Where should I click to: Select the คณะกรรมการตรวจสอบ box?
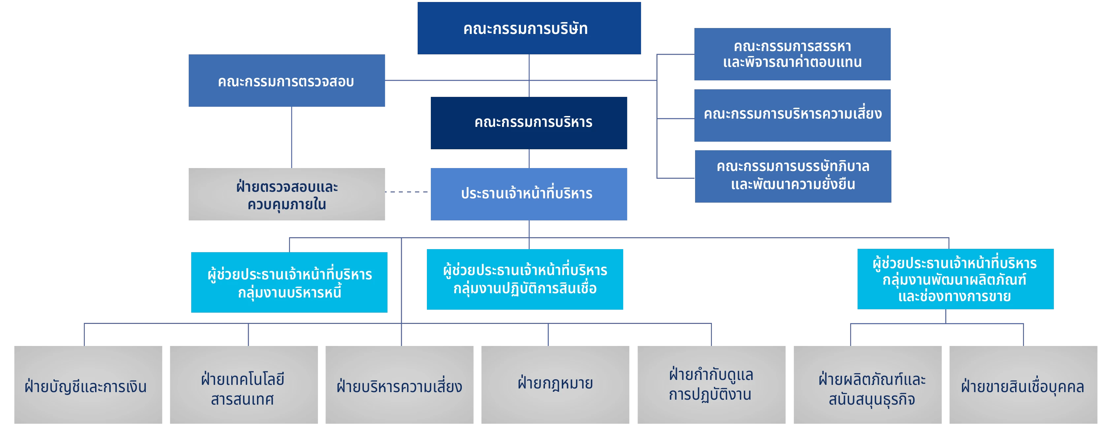pyautogui.click(x=286, y=81)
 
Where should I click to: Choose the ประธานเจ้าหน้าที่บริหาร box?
pyautogui.click(x=528, y=194)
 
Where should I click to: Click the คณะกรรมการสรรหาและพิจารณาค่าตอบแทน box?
pyautogui.click(x=792, y=54)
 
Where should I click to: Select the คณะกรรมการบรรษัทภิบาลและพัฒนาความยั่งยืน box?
pyautogui.click(x=792, y=176)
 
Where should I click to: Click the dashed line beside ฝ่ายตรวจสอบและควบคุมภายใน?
pyautogui.click(x=406, y=191)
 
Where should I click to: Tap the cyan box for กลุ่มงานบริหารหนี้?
pyautogui.click(x=289, y=282)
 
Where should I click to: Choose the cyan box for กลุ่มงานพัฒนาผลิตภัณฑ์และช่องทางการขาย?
pyautogui.click(x=955, y=279)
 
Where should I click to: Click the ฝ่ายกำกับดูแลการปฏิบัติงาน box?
pyautogui.click(x=711, y=385)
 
